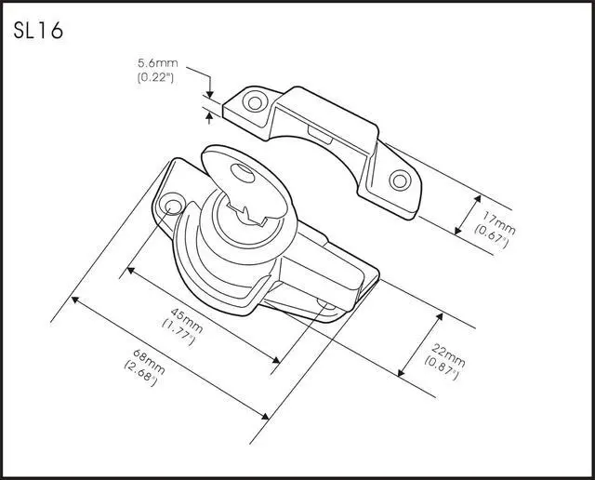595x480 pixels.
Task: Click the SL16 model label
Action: [38, 31]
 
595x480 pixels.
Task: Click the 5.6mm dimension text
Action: [155, 66]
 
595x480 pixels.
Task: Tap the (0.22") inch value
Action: [155, 78]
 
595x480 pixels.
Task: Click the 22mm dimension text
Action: [450, 353]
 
